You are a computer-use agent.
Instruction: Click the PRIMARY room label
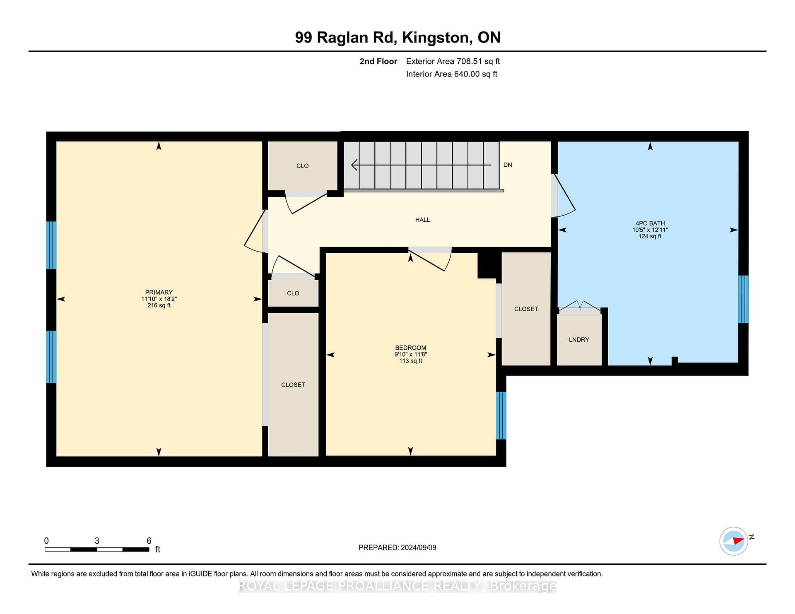coord(159,292)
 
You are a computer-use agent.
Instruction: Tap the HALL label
coord(423,220)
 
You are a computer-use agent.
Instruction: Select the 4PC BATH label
coord(650,223)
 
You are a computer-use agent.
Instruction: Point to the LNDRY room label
coord(579,340)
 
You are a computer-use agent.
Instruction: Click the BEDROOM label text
coord(411,348)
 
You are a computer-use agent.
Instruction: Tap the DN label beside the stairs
coord(508,165)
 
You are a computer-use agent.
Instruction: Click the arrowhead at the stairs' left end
coord(354,165)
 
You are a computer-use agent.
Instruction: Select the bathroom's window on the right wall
coord(744,299)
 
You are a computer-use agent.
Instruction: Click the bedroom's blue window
coord(501,415)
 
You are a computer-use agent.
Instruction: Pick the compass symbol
coord(735,541)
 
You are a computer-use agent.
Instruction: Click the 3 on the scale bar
coord(97,541)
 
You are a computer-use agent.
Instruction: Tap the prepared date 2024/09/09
coord(419,547)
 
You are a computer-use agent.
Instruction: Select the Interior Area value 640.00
coord(467,74)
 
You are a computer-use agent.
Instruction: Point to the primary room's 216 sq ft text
coord(159,305)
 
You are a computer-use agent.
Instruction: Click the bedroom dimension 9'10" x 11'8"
coord(411,355)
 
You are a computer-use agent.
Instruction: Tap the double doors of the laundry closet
coord(580,307)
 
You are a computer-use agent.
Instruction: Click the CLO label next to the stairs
coord(303,166)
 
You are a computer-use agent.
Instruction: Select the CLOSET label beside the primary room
coord(293,385)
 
